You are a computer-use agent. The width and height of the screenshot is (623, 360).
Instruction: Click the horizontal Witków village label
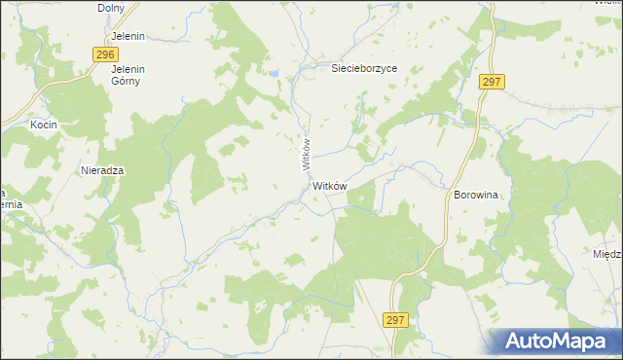tap(332, 186)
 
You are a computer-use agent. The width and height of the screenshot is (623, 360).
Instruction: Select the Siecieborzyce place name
tap(364, 69)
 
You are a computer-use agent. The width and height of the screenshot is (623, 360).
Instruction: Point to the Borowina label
tap(475, 195)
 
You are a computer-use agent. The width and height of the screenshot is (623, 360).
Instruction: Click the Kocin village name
tap(44, 126)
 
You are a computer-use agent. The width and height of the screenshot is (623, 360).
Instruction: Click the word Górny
tap(126, 81)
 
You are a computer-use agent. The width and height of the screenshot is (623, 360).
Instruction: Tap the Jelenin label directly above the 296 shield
tap(127, 36)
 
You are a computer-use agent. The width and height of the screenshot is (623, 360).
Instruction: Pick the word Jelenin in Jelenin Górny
tap(128, 69)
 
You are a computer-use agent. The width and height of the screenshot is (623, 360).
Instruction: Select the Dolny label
tap(112, 8)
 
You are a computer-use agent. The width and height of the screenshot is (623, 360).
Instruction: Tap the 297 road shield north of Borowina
tap(491, 83)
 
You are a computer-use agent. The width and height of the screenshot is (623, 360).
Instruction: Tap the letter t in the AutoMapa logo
tap(541, 342)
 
